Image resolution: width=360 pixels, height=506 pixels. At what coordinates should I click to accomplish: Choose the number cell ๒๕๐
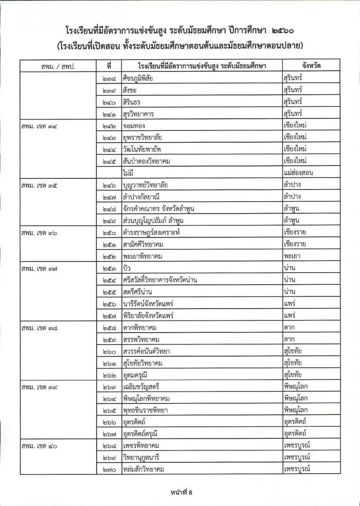click(109, 232)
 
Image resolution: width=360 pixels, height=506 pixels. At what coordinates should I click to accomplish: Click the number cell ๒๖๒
click(109, 374)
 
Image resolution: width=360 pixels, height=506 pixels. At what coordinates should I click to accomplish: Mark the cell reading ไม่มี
click(129, 173)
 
